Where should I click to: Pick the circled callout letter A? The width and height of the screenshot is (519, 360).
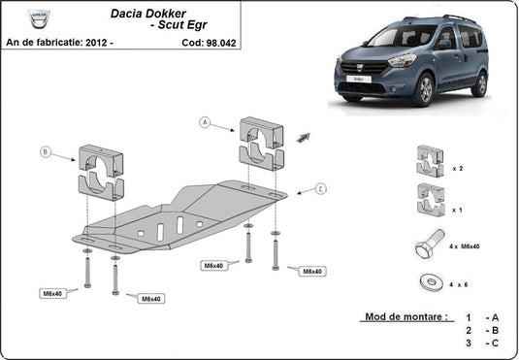click(x=205, y=122)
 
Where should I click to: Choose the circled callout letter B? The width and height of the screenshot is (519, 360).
click(x=46, y=151)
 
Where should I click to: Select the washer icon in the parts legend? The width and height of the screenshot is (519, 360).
click(x=428, y=281)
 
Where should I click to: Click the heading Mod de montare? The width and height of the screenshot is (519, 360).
click(x=405, y=317)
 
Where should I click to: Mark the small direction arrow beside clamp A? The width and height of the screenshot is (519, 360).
click(x=304, y=137)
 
